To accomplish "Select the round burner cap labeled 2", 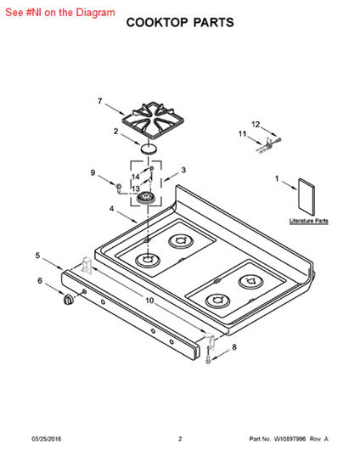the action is point(148,148).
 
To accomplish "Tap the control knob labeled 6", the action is point(68,300).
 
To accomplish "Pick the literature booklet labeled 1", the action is point(307,197).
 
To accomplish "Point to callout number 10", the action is point(149,301).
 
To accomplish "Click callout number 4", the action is point(111,209).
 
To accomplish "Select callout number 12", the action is point(256,124).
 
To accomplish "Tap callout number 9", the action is point(93,172).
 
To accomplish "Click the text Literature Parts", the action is point(309,221).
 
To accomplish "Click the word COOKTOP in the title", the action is point(157,23).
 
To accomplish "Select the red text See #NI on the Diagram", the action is point(60,13).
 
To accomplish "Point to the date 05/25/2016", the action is point(47,439).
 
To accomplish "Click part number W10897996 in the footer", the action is point(290,439).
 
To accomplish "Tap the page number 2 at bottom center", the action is point(180,439).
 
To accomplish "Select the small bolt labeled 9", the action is point(119,188).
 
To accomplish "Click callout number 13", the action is point(136,188).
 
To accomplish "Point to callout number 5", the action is point(37,256).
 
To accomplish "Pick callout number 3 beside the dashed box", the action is point(183,170).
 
